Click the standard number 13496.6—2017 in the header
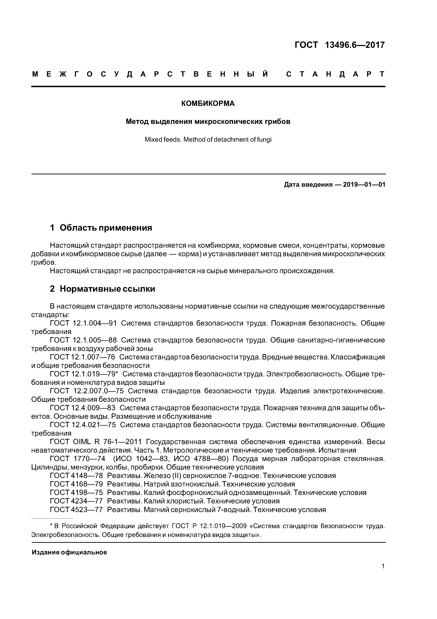(355, 45)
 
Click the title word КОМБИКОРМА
(208, 104)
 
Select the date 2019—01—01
(364, 185)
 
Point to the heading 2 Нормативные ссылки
(102, 289)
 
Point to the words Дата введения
(308, 185)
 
